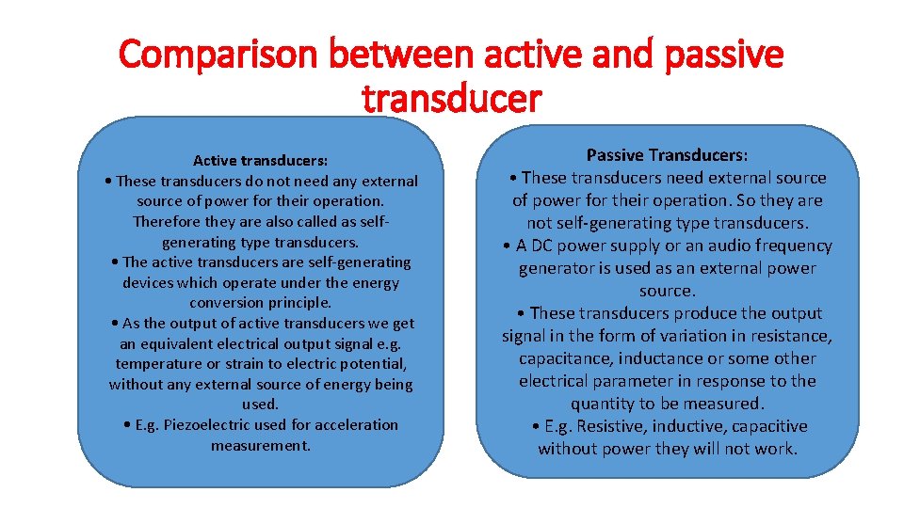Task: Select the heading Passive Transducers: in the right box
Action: click(667, 154)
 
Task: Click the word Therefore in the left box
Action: click(167, 221)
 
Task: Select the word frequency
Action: click(789, 246)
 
